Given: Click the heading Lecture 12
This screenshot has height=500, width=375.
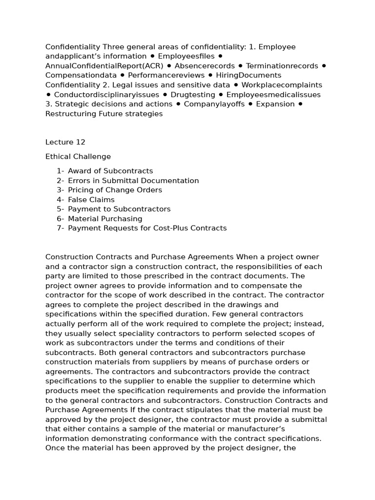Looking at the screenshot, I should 65,142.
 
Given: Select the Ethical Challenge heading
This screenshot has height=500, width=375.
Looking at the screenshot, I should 78,157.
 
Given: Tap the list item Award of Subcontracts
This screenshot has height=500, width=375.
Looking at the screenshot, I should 110,171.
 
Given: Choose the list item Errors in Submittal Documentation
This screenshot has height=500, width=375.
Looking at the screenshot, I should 133,181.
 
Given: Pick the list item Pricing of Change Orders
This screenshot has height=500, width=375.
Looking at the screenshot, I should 115,190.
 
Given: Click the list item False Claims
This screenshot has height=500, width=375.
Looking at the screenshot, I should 91,200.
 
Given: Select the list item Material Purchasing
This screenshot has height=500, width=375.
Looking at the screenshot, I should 105,219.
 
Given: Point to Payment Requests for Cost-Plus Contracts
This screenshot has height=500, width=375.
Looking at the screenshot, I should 147,228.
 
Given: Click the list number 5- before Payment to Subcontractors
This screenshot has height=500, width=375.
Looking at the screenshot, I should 60,209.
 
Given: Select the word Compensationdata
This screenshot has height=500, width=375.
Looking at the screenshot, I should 81,75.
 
